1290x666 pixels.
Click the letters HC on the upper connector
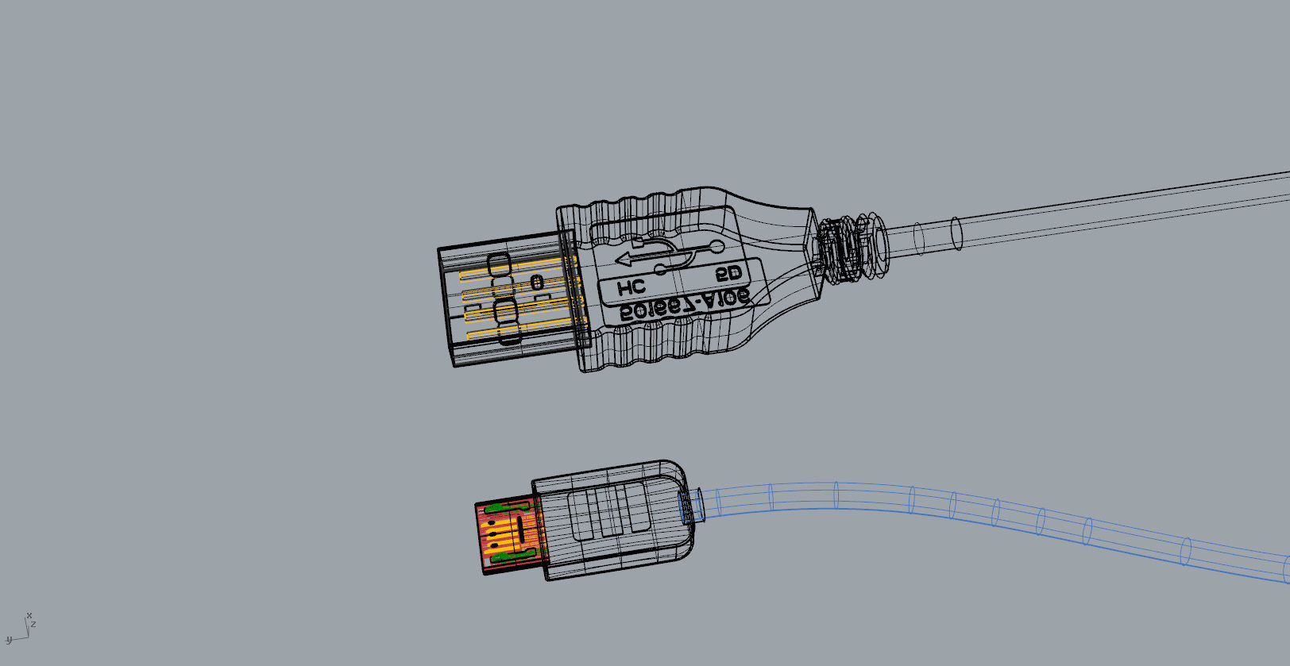631,287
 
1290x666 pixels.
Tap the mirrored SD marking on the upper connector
728,274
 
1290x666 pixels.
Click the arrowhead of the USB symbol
624,258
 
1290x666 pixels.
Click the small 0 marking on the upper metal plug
538,282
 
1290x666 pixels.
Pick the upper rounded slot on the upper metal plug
500,265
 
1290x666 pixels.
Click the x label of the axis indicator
29,616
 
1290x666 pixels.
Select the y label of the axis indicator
9,640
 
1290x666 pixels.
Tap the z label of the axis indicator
33,625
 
